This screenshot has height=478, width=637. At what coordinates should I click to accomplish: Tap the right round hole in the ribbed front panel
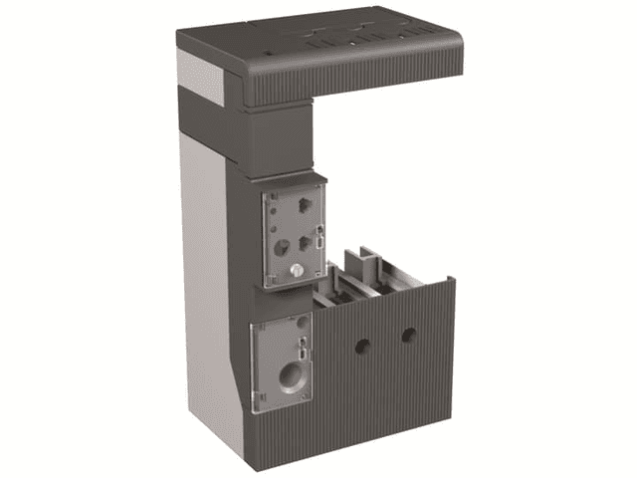(407, 337)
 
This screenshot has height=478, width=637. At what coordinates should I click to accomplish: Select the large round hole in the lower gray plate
(292, 376)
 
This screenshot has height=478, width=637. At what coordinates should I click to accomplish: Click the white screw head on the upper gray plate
(297, 270)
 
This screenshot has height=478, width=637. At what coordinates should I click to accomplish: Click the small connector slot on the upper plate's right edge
(319, 237)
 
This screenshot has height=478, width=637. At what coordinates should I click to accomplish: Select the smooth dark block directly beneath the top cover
(274, 139)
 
